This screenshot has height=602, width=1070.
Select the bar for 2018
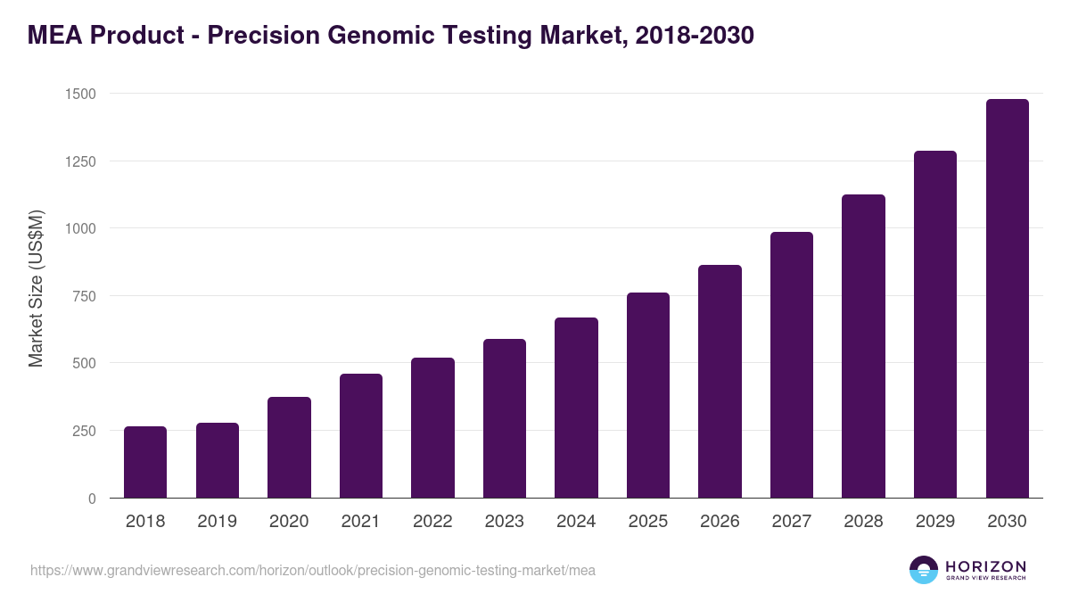click(x=145, y=462)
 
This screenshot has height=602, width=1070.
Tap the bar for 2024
click(x=576, y=408)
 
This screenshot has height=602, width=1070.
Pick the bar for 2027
click(x=792, y=365)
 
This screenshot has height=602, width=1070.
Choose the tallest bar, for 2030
click(x=1007, y=298)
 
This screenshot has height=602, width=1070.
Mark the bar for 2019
click(x=218, y=460)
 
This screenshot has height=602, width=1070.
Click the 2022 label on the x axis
click(x=432, y=522)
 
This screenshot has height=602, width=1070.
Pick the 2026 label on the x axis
click(x=720, y=522)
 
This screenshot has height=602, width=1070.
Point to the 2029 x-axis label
click(x=934, y=522)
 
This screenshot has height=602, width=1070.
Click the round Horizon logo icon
click(x=924, y=570)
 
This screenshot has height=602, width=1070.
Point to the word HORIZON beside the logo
click(x=985, y=565)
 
